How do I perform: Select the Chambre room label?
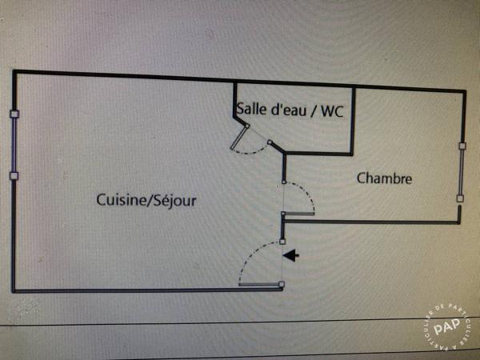coord(384,178)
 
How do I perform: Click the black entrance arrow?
coord(292,256)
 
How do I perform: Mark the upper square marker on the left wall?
coord(14,114)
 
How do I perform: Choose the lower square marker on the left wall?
coord(14,175)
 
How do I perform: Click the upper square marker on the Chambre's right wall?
coord(462,146)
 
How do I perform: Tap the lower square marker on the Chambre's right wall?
coord(460,198)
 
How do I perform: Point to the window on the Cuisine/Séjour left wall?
coord(14,145)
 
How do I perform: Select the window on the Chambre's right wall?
coord(461,172)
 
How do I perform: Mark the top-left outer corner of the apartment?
coord(14,73)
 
